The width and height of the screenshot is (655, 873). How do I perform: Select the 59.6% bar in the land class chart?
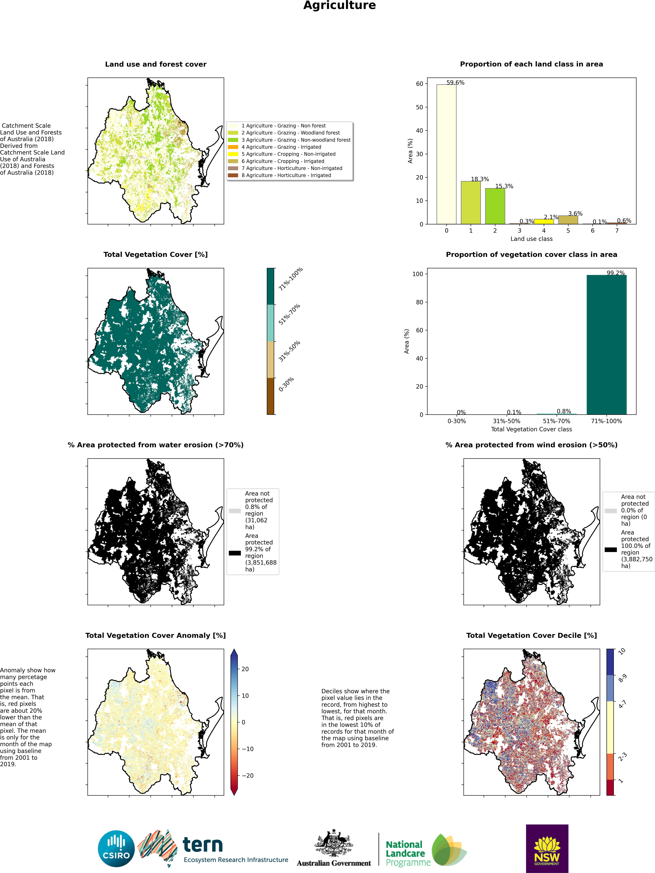[446, 154]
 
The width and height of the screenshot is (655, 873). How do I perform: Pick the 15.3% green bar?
[495, 206]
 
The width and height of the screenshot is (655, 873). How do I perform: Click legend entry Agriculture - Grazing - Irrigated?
[281, 147]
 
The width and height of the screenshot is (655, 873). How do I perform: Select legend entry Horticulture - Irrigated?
[286, 175]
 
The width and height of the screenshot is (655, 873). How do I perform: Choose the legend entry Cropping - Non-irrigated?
[288, 154]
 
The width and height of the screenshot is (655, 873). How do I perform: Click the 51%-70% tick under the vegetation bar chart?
[556, 421]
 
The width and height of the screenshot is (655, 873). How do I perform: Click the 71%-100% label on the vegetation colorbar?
[290, 279]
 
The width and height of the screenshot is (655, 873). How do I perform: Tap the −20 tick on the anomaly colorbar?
[247, 776]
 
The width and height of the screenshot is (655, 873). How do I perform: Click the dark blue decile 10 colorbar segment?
[610, 662]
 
